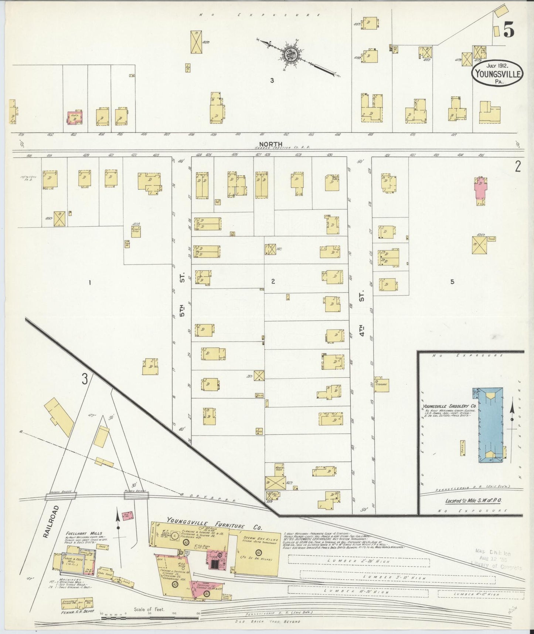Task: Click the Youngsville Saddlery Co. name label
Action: point(449,406)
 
